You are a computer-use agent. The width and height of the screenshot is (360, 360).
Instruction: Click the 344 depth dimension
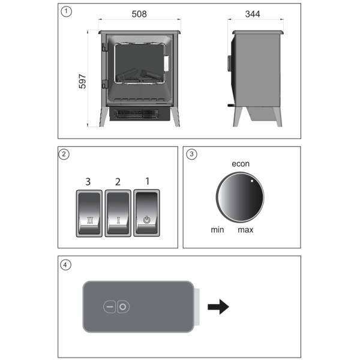tap(252, 13)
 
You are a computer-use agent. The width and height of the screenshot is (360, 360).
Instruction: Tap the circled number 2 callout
tap(65, 154)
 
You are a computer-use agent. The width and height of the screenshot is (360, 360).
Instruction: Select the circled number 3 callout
tap(191, 154)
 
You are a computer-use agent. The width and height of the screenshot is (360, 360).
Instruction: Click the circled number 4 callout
tap(65, 264)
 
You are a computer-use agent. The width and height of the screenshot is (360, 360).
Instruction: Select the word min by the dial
tap(217, 230)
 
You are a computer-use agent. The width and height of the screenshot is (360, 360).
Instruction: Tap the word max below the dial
tap(245, 230)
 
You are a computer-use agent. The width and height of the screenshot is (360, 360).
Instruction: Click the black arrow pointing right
tap(218, 308)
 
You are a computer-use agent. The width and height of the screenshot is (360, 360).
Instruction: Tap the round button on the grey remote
tap(123, 307)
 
